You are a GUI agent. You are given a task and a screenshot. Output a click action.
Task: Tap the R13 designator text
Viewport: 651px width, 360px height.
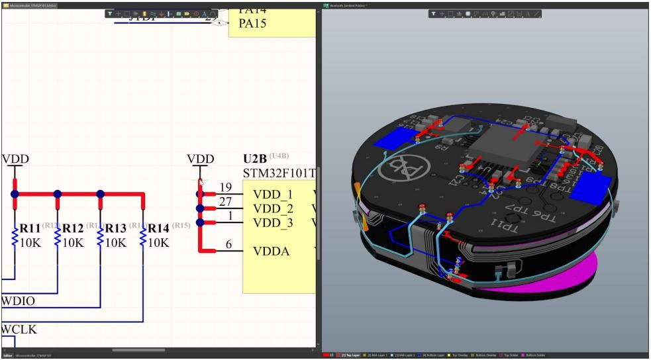click(117, 229)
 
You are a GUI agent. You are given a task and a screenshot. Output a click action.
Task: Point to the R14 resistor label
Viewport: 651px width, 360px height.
click(159, 229)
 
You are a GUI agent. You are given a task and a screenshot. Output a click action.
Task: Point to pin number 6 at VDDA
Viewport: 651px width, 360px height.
click(228, 245)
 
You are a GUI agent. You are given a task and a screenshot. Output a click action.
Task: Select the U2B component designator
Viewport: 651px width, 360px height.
click(256, 160)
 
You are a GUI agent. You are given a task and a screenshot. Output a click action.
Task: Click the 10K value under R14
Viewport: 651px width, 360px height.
click(158, 242)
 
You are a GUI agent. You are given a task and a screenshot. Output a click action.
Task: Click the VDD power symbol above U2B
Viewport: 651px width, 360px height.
click(200, 159)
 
